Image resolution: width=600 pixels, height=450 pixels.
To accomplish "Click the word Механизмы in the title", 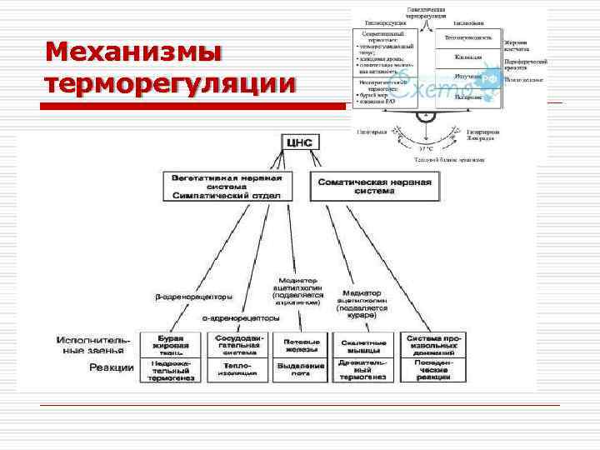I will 134,52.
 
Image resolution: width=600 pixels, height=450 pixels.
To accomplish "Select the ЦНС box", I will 298,142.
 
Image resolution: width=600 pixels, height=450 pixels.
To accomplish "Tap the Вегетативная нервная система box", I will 227,186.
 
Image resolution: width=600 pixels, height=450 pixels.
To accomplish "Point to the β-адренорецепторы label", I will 193,297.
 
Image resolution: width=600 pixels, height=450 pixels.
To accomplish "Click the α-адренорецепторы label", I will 241,317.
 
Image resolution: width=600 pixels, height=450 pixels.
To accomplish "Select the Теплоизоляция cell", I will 240,370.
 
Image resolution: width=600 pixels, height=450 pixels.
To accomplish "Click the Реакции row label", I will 111,367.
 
